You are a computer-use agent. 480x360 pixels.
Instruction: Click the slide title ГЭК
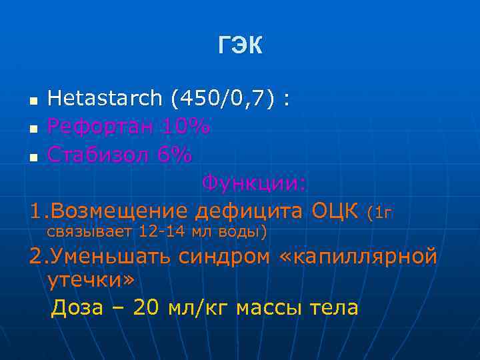coord(240,45)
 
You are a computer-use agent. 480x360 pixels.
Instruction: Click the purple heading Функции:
coord(255,183)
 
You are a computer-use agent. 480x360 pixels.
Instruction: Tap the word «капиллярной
coord(360,257)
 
